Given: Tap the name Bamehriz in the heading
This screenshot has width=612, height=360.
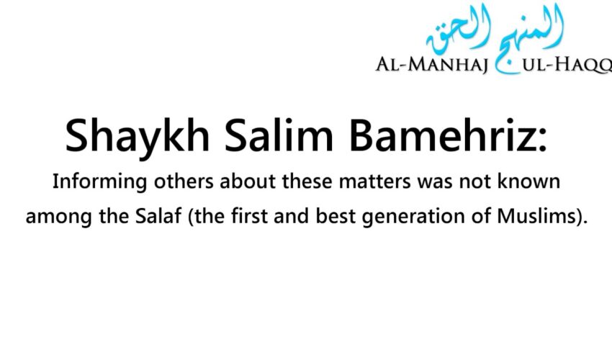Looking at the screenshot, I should pyautogui.click(x=424, y=136).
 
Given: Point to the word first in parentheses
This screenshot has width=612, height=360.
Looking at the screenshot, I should pyautogui.click(x=234, y=217).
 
